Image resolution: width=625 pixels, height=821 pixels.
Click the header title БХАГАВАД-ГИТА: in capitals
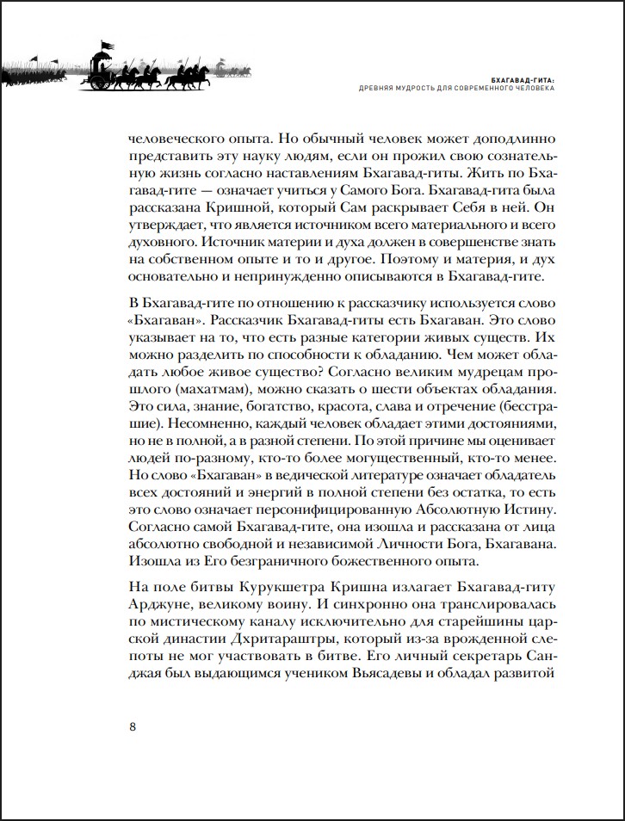point(515,77)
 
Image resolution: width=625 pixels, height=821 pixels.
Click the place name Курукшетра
point(265,586)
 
